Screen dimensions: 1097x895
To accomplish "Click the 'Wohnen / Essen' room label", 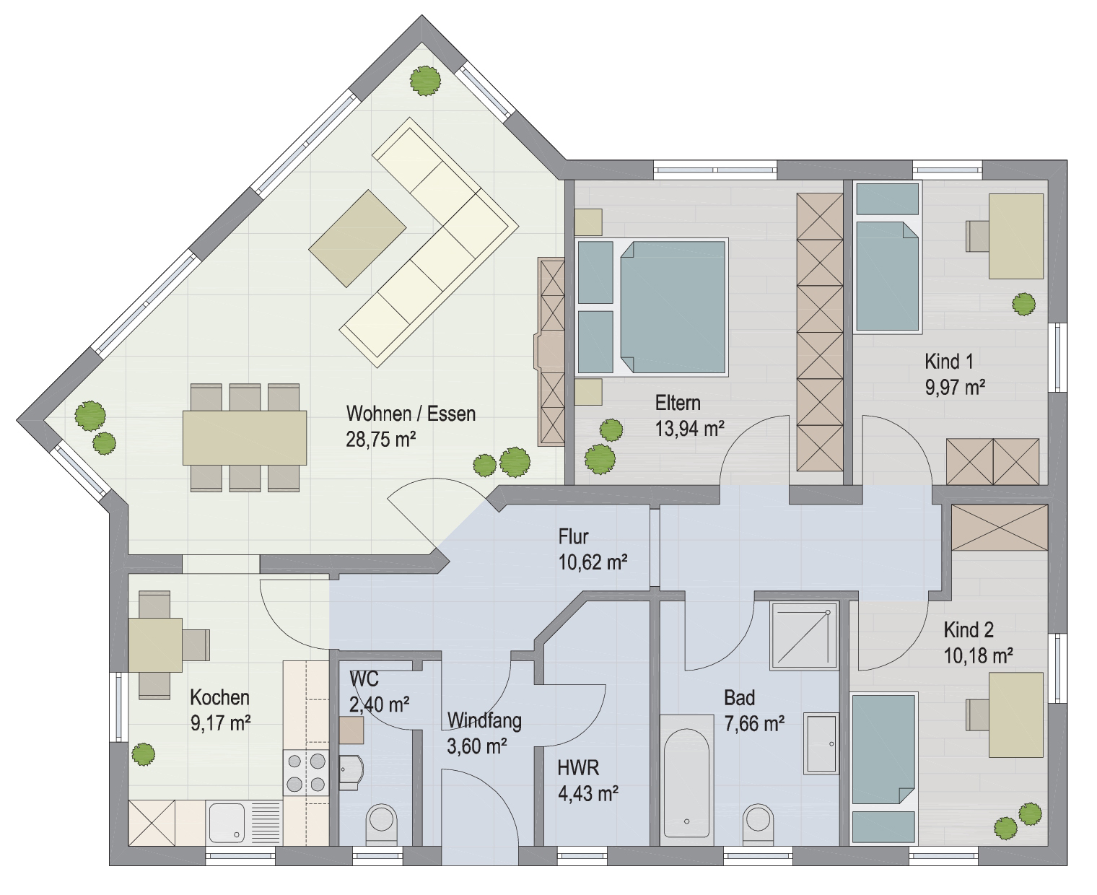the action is click(411, 414).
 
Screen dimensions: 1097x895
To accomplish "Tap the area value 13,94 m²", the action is click(689, 429).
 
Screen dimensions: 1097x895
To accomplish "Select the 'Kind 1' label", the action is click(949, 361).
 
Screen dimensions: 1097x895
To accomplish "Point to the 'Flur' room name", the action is click(573, 536).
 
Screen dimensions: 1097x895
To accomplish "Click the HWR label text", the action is click(578, 768).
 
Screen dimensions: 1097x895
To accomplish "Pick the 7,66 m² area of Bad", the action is click(754, 723).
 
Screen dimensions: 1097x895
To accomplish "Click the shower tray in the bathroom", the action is click(804, 635).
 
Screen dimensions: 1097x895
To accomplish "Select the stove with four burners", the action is click(306, 773).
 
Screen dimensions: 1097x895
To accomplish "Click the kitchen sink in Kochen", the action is click(245, 823).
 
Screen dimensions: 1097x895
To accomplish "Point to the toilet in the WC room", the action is click(381, 825).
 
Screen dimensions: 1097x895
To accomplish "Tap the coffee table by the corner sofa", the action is click(357, 238).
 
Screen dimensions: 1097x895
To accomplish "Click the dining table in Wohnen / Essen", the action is click(245, 437).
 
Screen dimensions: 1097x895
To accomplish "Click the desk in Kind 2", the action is click(1016, 715).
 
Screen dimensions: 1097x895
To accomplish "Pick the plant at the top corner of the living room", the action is click(426, 81).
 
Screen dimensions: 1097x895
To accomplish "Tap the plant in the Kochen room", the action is click(143, 754).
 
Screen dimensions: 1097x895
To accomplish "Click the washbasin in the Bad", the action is click(821, 743).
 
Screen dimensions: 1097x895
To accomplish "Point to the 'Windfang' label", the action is click(484, 720).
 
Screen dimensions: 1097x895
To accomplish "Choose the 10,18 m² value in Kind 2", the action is click(978, 655).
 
